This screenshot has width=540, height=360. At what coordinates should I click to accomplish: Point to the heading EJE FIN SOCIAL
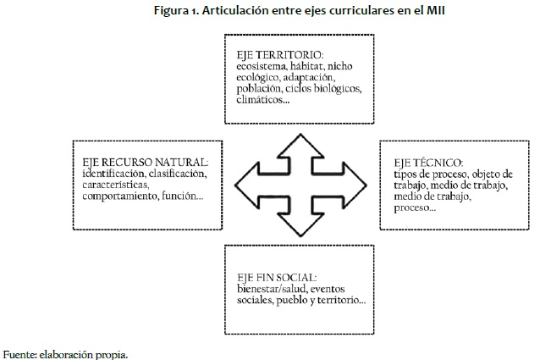tap(278, 276)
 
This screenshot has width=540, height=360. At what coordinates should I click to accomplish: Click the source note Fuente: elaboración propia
tap(66, 352)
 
